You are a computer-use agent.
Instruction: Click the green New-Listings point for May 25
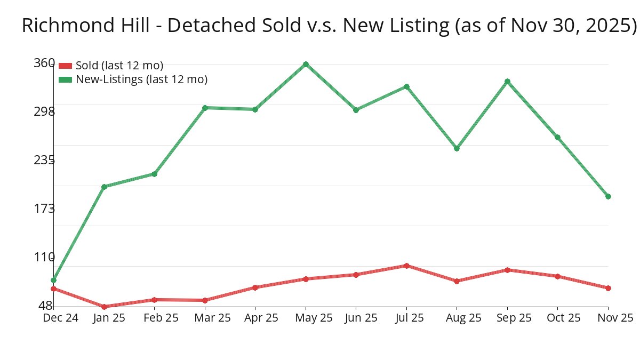coord(306,65)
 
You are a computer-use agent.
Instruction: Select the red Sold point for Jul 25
coord(406,266)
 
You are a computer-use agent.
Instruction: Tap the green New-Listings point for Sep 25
coord(507,82)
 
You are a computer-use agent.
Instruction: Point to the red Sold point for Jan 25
coord(104,307)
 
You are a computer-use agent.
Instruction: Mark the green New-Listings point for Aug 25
coord(457,148)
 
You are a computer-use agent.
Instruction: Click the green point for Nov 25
coord(608,196)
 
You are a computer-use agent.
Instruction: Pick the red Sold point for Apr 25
coord(255,287)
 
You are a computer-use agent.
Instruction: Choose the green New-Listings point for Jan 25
coord(104,187)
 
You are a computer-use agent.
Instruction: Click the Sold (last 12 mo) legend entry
coord(119,66)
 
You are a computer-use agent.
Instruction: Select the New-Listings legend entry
coord(141,79)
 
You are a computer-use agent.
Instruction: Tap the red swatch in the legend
coord(65,66)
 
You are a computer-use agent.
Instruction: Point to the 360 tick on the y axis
coord(44,63)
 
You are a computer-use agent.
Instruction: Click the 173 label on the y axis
coord(44,208)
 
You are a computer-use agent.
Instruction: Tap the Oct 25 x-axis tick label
coord(557,318)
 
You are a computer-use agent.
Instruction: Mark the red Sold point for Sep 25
coord(507,270)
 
